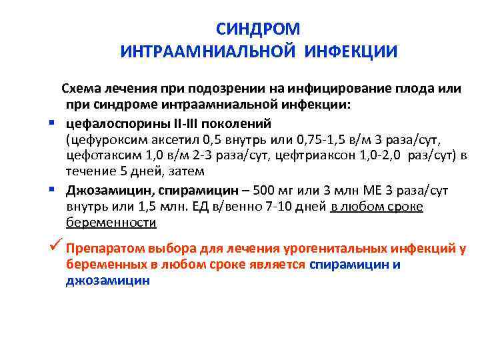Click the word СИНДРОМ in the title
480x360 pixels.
(x=259, y=29)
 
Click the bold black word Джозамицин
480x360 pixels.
(x=108, y=190)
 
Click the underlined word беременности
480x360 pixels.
(x=111, y=223)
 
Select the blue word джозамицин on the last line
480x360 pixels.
(x=108, y=281)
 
